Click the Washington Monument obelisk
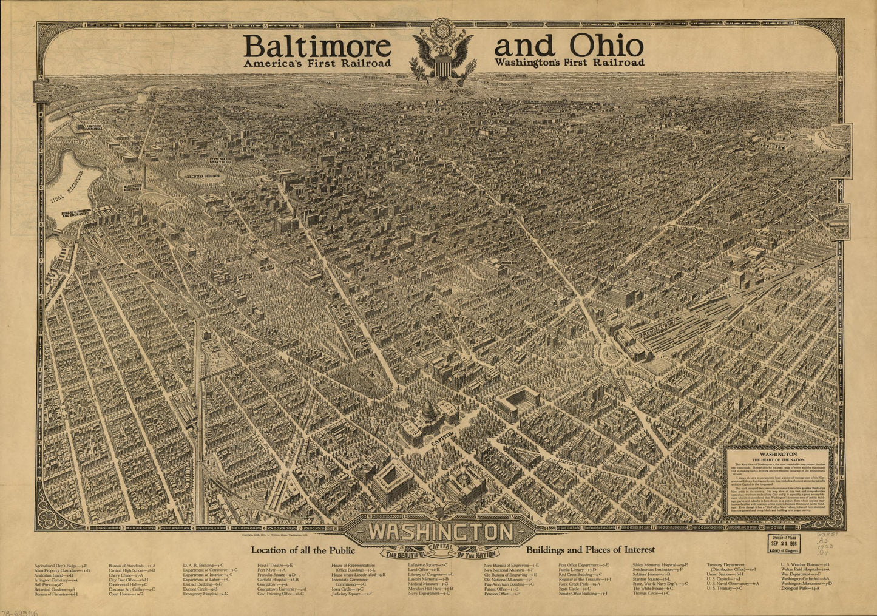pyautogui.click(x=144, y=176)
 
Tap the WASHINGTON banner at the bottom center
pyautogui.click(x=440, y=532)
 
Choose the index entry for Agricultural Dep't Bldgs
pyautogui.click(x=61, y=564)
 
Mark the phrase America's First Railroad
pyautogui.click(x=316, y=63)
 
